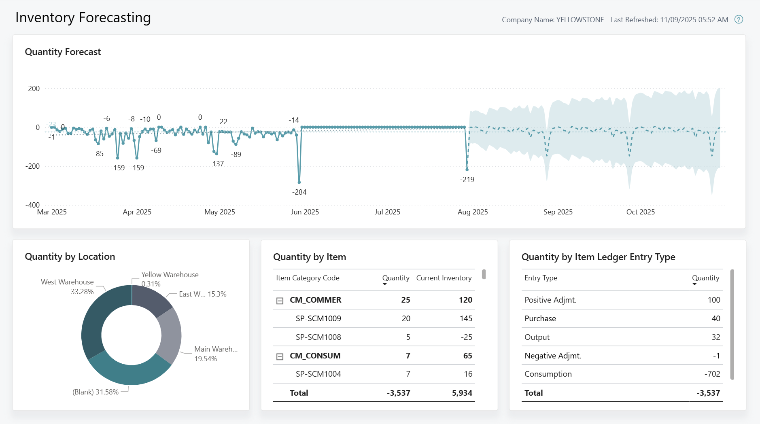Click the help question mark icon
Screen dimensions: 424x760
(739, 19)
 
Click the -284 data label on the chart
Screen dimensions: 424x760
(299, 192)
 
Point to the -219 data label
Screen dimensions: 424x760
(467, 180)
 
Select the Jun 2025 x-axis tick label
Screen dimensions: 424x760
(304, 212)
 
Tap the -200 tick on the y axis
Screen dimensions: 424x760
(32, 166)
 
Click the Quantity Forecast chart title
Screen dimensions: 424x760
(63, 52)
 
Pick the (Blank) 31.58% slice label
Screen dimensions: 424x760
(95, 392)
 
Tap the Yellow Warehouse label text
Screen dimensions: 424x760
(170, 275)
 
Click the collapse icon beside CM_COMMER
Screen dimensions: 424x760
(280, 301)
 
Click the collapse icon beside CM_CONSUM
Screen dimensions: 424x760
(280, 356)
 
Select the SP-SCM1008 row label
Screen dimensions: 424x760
(318, 337)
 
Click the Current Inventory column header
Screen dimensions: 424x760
(444, 278)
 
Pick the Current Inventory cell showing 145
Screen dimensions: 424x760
(466, 318)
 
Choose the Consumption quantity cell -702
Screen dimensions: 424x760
(712, 374)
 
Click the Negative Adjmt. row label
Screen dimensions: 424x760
(552, 356)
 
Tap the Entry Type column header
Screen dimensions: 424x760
(541, 278)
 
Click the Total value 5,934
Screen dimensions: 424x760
(462, 393)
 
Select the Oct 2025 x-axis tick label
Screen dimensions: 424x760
(640, 212)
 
